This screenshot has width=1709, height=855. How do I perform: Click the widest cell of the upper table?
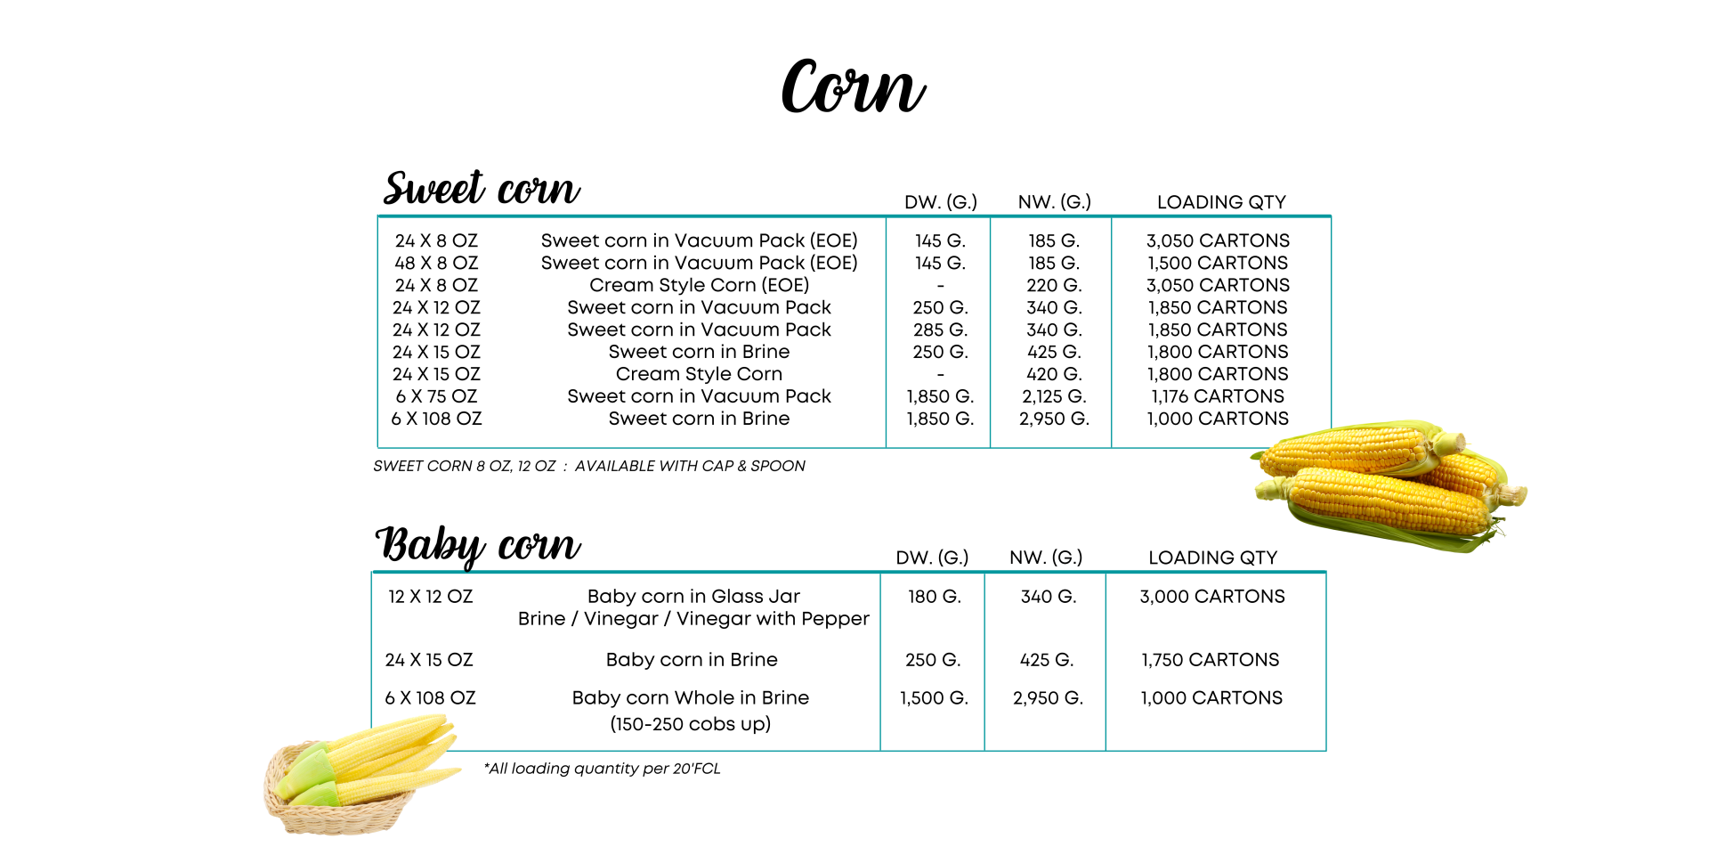pos(631,331)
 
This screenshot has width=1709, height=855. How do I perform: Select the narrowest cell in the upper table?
pos(938,331)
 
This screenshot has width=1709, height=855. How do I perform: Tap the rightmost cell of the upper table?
pos(1221,331)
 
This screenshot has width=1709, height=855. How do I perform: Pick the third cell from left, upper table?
pos(1050,331)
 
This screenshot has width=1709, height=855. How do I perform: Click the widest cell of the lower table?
pos(626,661)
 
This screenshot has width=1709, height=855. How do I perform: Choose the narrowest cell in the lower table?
pos(932,661)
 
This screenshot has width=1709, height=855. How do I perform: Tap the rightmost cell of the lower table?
pos(1216,661)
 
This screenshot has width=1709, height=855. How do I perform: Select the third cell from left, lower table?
pos(1045,661)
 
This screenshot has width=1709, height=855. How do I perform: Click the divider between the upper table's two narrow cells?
pos(990,331)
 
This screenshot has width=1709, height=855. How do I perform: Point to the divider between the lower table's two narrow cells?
pos(984,661)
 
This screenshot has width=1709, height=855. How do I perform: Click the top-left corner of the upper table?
pos(377,216)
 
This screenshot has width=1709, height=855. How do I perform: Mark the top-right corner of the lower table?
pos(1326,573)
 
